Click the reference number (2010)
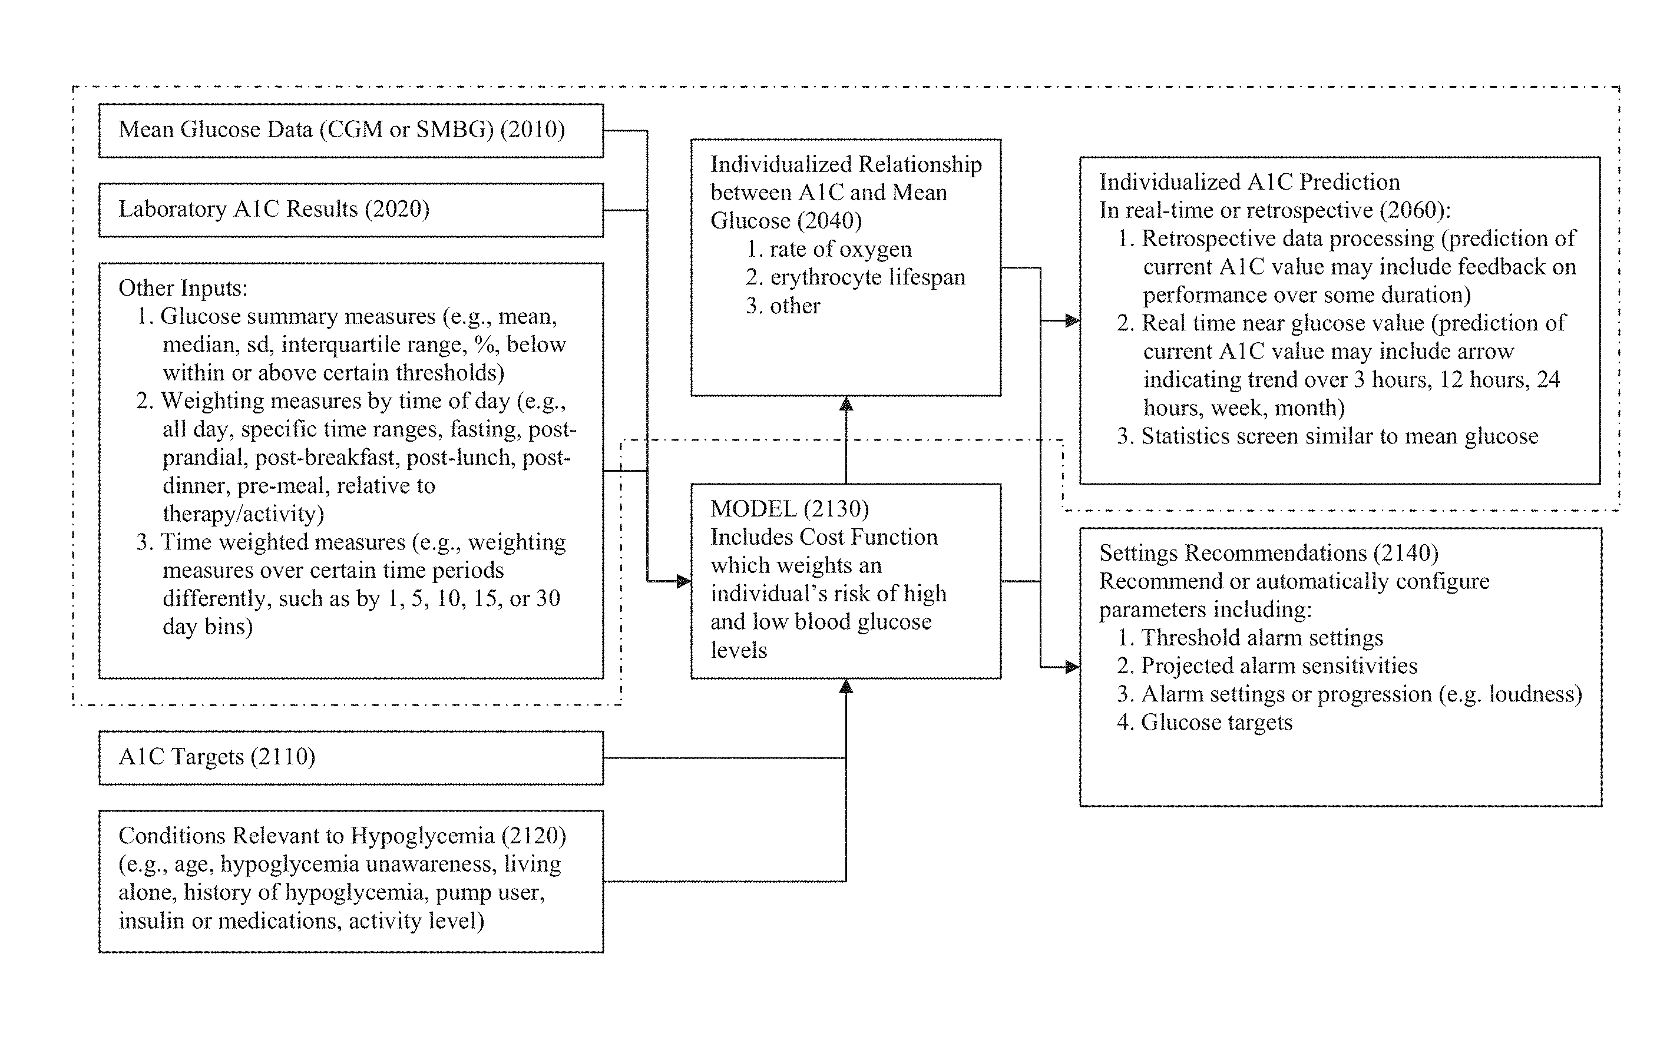click(x=533, y=130)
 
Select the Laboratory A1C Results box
click(x=351, y=210)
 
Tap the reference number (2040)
click(x=829, y=221)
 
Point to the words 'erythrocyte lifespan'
click(x=867, y=277)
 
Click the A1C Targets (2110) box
click(x=351, y=757)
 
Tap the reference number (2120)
click(x=534, y=836)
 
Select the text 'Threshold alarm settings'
click(x=1262, y=638)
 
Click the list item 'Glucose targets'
click(x=1217, y=722)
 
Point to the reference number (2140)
click(x=1406, y=553)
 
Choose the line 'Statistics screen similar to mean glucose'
click(x=1340, y=436)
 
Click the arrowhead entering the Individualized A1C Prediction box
click(x=1072, y=321)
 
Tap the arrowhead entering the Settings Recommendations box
click(x=1072, y=667)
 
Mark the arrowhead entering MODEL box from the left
click(x=684, y=581)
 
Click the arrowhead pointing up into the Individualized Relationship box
click(x=846, y=404)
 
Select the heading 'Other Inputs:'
click(x=183, y=288)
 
